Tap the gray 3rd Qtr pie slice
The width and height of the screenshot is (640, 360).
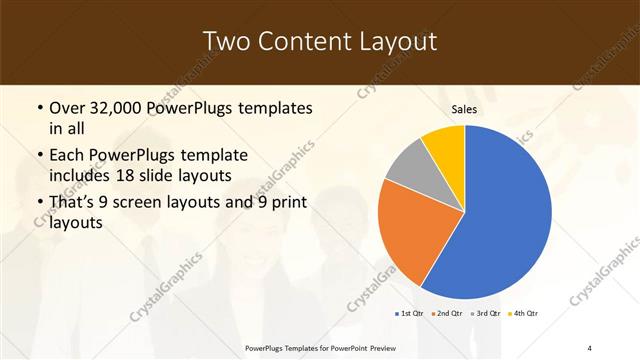(408, 165)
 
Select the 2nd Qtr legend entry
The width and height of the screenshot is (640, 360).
(448, 313)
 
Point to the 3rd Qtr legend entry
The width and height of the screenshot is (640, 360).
(487, 313)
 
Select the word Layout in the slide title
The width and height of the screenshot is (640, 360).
(403, 42)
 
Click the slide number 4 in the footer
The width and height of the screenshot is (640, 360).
(589, 346)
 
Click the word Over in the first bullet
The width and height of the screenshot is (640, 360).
(69, 107)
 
